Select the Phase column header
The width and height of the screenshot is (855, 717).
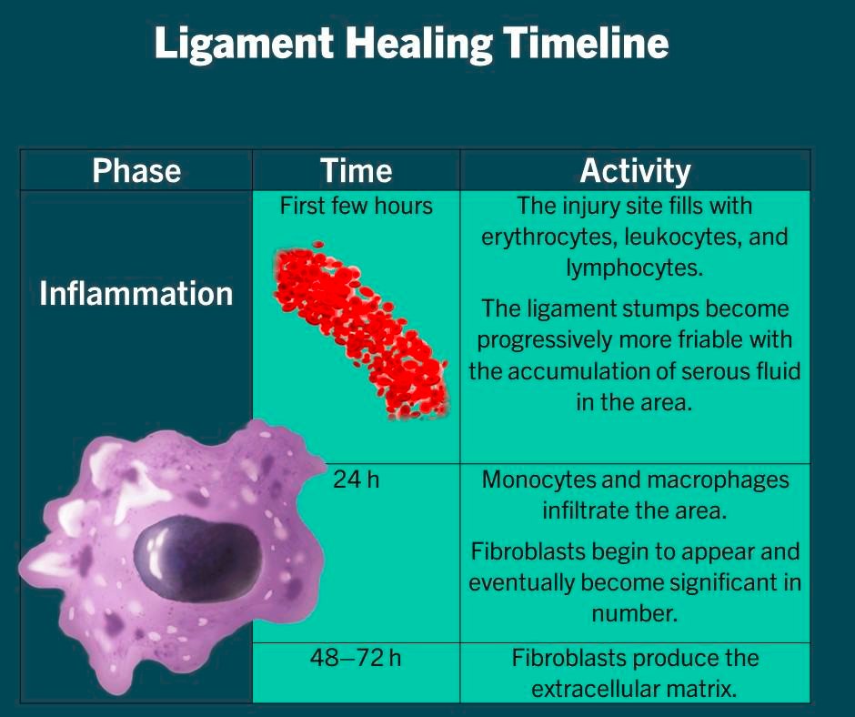pyautogui.click(x=136, y=171)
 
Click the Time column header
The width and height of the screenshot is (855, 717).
pyautogui.click(x=356, y=171)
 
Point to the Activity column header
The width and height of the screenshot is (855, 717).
pyautogui.click(x=635, y=171)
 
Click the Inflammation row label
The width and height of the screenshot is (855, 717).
pyautogui.click(x=136, y=294)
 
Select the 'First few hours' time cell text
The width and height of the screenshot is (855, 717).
pyautogui.click(x=356, y=207)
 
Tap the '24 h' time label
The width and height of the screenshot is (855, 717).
pyautogui.click(x=356, y=480)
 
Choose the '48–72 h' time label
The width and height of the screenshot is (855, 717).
pyautogui.click(x=356, y=657)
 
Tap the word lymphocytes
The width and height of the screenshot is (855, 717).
pyautogui.click(x=635, y=268)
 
